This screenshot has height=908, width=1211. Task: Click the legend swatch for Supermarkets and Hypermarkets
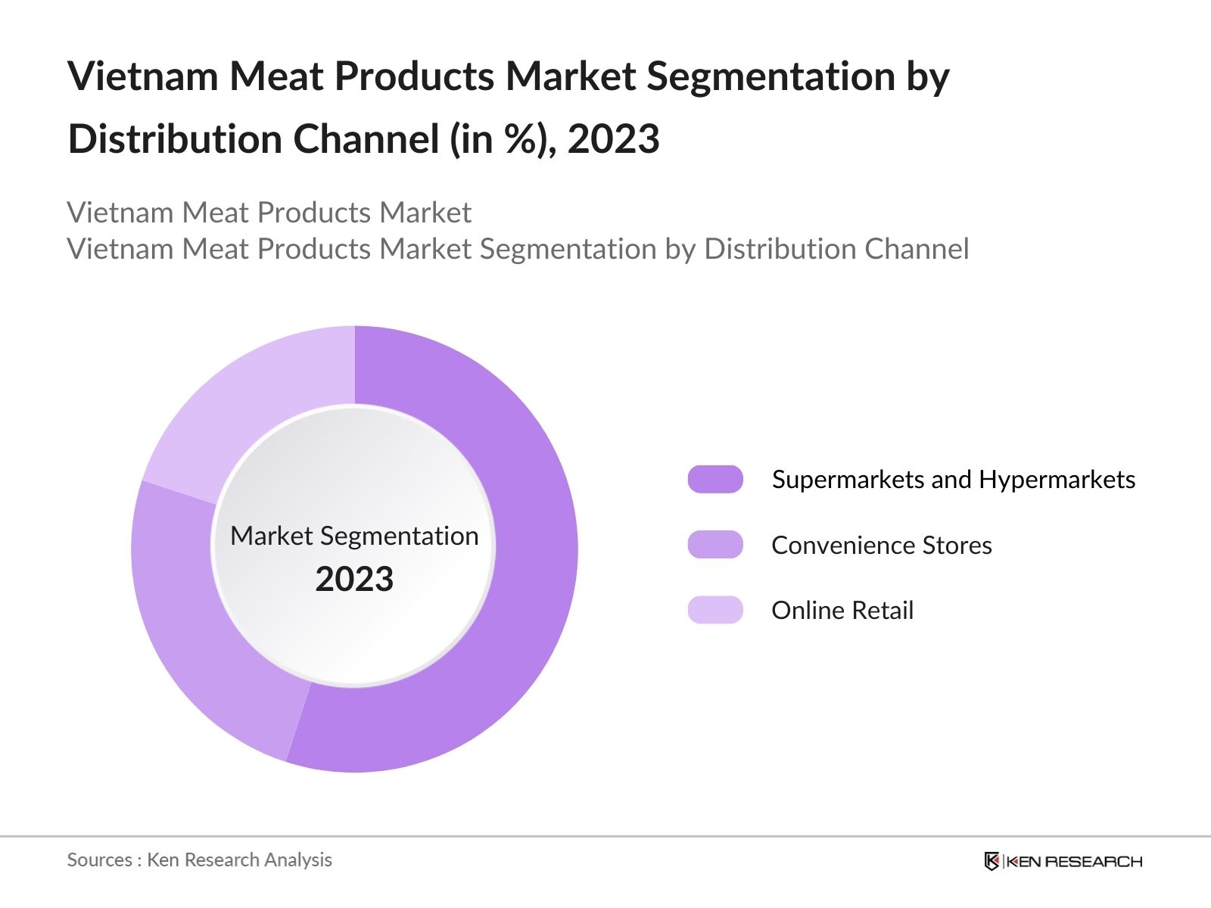coord(715,480)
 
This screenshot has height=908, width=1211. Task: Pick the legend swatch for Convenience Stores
coord(715,545)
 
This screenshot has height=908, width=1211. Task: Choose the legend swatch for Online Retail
coord(715,610)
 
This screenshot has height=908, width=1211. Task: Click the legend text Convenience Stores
coord(881,545)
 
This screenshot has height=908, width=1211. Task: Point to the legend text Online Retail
coord(842,610)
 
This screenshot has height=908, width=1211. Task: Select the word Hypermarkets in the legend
coord(1057,480)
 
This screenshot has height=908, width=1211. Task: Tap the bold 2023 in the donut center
coord(354,580)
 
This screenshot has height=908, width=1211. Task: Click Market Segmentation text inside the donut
coord(354,536)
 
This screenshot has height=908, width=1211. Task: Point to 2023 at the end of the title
coord(613,139)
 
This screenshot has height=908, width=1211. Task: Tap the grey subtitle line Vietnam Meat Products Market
coord(269,213)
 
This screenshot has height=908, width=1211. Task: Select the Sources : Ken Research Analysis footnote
coord(199,860)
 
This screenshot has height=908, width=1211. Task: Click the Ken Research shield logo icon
coord(992,861)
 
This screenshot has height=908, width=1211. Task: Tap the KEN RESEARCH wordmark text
coord(1074,861)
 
